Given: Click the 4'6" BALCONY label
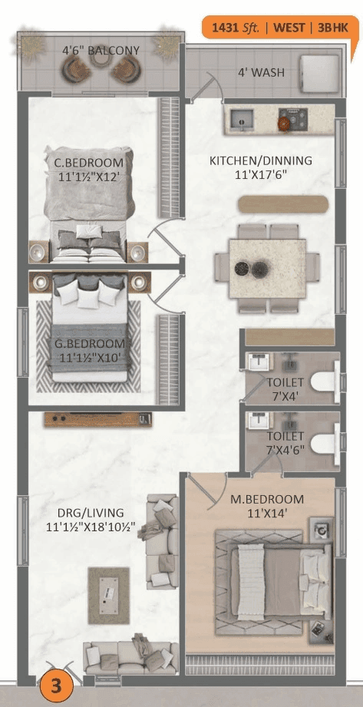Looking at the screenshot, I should click(x=101, y=51).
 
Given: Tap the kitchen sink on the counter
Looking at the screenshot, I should click(x=241, y=118).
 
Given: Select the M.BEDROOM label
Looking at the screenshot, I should click(x=267, y=500).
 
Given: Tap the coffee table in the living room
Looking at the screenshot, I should click(x=108, y=594).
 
